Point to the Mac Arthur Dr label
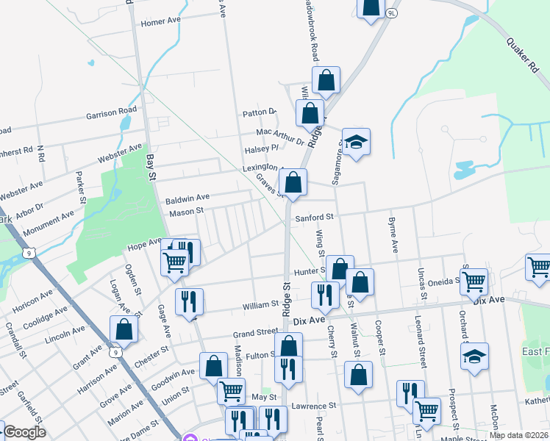coord(279,135)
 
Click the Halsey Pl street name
coord(262,149)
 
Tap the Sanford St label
coord(315,218)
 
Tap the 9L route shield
coord(391,13)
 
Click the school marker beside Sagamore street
coord(356,143)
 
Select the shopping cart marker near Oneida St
coord(474,281)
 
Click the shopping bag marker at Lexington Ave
coord(293,182)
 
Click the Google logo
coord(24,432)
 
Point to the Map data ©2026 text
coord(518,435)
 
